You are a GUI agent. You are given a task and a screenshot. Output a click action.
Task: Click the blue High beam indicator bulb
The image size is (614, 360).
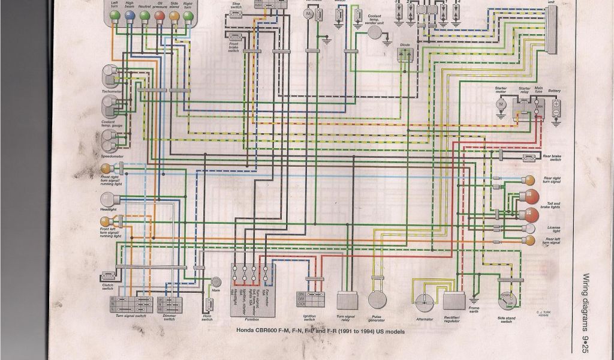(130, 18)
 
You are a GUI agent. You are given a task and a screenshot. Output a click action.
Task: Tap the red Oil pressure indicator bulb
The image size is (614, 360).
(159, 18)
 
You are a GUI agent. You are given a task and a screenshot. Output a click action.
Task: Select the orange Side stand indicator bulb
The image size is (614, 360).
(174, 18)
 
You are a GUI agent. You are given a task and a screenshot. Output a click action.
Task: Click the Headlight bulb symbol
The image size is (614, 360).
(107, 200)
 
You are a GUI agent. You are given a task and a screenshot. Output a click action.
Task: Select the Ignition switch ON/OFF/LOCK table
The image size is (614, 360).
(309, 298)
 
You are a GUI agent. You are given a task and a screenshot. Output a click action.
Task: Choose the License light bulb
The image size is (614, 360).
(530, 229)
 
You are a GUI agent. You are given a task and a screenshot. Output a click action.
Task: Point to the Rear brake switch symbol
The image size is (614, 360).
(529, 158)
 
